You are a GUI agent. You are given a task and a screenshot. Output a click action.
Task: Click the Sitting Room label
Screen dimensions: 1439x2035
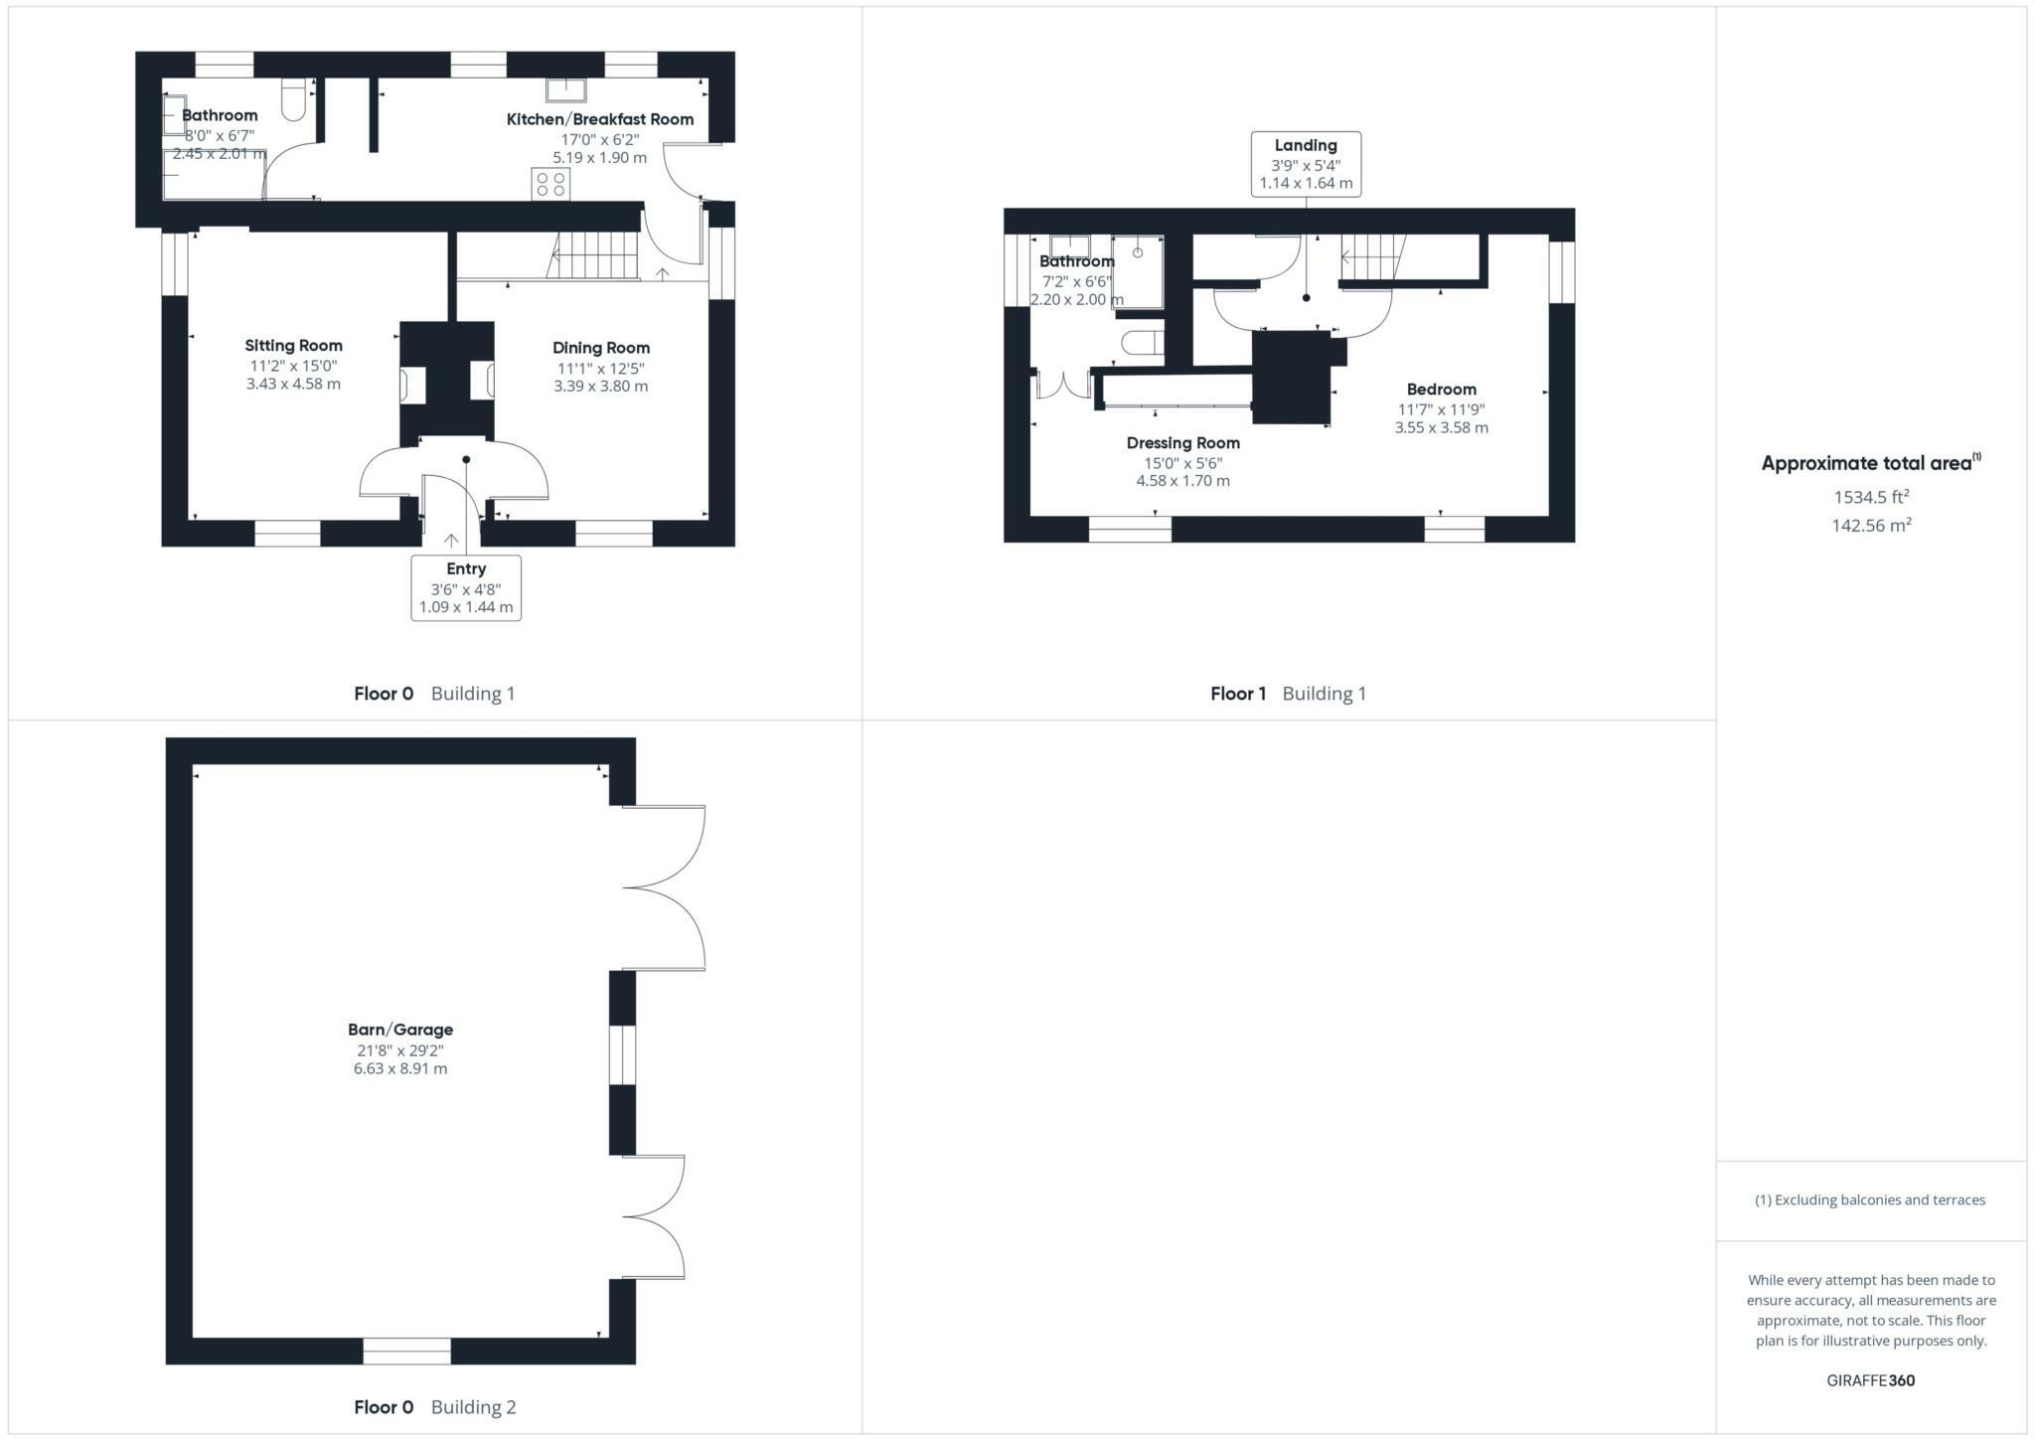pyautogui.click(x=293, y=346)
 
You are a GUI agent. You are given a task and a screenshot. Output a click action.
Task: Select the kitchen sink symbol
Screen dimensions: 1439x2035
pyautogui.click(x=565, y=90)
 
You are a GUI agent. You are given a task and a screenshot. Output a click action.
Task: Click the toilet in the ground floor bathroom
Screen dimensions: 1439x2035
pyautogui.click(x=294, y=100)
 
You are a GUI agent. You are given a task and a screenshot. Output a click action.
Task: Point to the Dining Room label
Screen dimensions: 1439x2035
pyautogui.click(x=601, y=348)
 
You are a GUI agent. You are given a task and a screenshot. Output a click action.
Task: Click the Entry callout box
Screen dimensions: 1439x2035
pyautogui.click(x=466, y=587)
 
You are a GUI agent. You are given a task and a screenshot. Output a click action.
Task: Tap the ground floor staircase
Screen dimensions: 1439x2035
pyautogui.click(x=594, y=255)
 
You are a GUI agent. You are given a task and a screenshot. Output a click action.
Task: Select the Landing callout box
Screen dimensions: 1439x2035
pyautogui.click(x=1306, y=164)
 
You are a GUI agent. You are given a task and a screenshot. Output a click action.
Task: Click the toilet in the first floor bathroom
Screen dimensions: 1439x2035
pyautogui.click(x=1143, y=343)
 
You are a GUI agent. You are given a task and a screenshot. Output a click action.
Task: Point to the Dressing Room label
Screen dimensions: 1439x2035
pyautogui.click(x=1182, y=443)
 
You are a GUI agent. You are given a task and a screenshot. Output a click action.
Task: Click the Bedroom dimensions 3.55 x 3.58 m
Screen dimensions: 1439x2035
pyautogui.click(x=1441, y=428)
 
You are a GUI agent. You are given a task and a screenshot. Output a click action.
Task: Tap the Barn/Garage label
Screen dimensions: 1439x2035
pyautogui.click(x=400, y=1030)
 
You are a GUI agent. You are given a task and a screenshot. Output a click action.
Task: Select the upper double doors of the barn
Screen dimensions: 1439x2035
pyautogui.click(x=664, y=886)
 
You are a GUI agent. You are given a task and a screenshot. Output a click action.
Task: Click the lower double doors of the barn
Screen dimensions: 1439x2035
pyautogui.click(x=654, y=1216)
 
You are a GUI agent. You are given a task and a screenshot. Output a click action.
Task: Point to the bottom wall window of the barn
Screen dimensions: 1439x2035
pyautogui.click(x=406, y=1352)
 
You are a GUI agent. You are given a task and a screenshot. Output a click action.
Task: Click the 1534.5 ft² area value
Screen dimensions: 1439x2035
pyautogui.click(x=1871, y=497)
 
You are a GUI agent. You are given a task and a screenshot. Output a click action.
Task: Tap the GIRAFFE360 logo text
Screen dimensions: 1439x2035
pyautogui.click(x=1870, y=1380)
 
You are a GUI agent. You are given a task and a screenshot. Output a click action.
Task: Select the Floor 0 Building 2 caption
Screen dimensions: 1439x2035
pyautogui.click(x=434, y=1407)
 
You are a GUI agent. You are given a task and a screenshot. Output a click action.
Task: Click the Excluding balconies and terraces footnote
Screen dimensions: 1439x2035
pyautogui.click(x=1870, y=1199)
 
